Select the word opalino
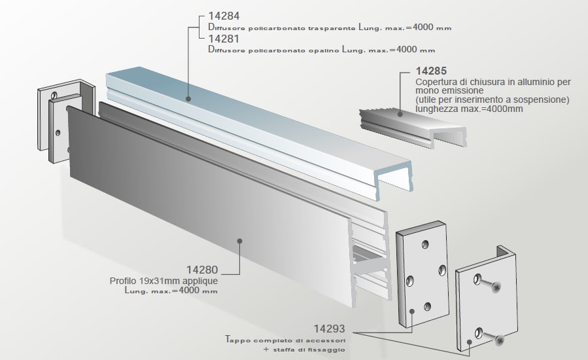coord(318,50)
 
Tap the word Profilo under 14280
coord(124,281)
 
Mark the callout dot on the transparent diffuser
coord(188,99)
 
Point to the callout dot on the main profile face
coord(240,241)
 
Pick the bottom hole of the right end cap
coord(426,306)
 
